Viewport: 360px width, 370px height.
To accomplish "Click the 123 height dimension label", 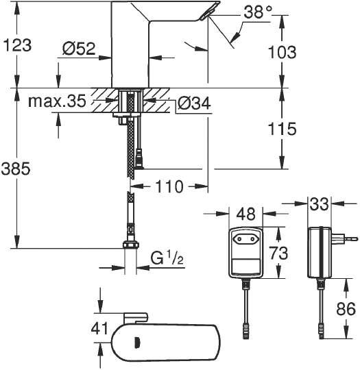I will [x=16, y=47].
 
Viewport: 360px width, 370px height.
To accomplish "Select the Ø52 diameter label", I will [x=77, y=49].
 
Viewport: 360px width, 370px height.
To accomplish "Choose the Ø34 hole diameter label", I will [x=194, y=103].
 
